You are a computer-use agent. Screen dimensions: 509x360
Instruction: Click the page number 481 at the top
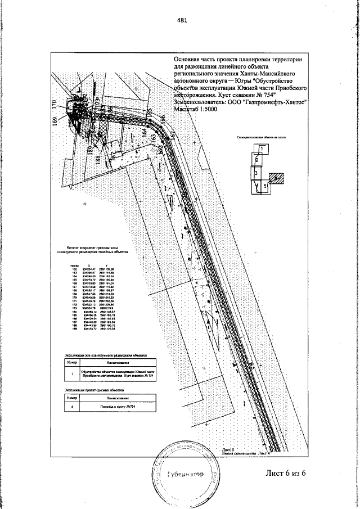(x=181, y=20)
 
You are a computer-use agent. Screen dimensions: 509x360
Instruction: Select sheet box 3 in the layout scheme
(x=256, y=174)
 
